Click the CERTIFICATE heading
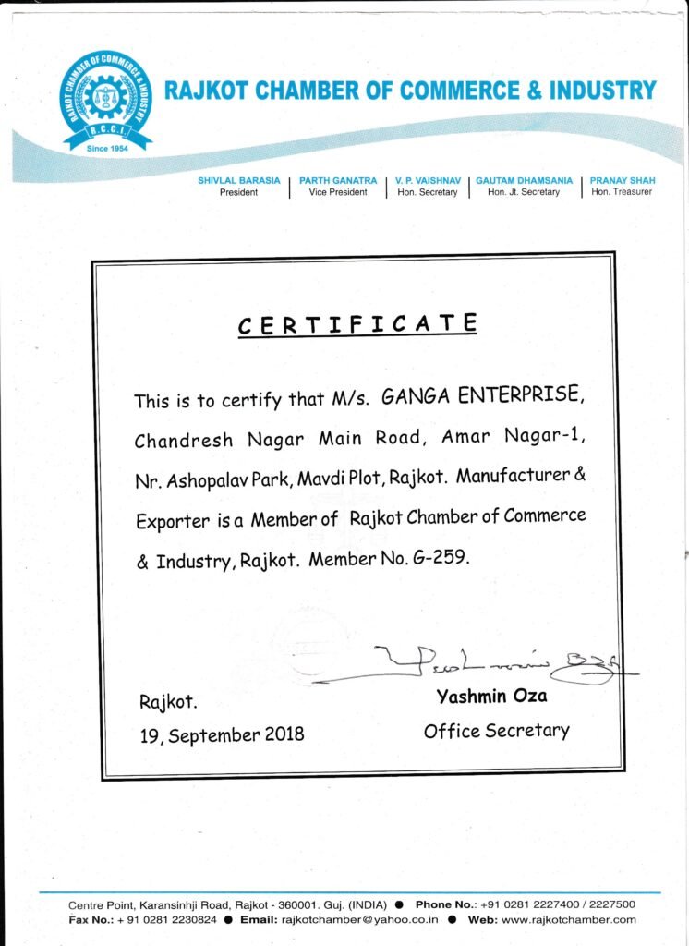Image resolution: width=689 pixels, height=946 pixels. point(357,325)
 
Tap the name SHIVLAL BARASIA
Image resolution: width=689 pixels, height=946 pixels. point(238,180)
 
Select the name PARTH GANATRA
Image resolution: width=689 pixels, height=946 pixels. point(338,180)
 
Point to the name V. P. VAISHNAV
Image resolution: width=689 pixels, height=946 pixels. point(428,180)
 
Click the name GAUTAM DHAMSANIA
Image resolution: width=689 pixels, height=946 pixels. point(524,180)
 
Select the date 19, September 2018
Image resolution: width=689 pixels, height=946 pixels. point(222,735)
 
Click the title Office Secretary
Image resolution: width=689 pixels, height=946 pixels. point(496,731)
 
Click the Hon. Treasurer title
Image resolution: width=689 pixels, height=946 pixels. point(622,192)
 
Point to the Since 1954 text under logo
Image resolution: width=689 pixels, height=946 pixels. point(107,148)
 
